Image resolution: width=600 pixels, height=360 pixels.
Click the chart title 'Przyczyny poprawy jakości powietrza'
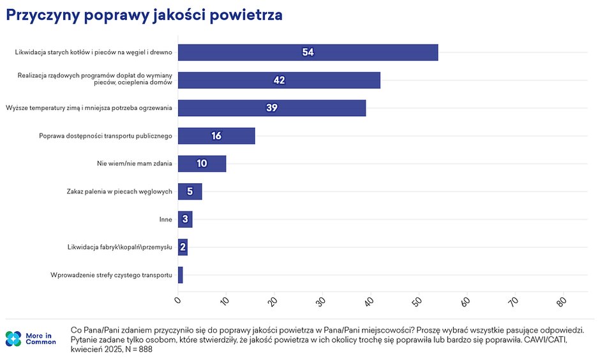click(144, 16)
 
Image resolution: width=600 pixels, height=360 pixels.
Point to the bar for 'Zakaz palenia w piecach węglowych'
click(190, 191)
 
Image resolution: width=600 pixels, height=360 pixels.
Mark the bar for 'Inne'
click(185, 220)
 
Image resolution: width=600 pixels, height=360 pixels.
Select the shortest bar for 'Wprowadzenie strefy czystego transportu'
click(181, 275)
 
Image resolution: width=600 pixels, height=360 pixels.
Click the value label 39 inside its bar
click(272, 108)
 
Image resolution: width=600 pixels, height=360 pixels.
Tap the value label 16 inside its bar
click(216, 136)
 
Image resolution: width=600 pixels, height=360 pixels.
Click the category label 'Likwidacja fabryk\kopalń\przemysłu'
click(120, 247)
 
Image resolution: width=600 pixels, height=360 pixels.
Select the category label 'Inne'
click(166, 220)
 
